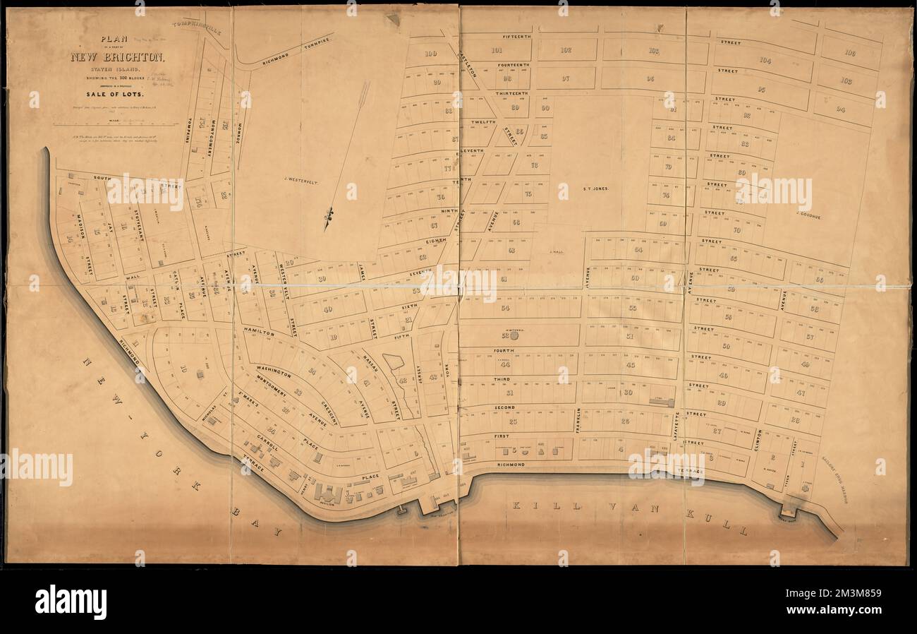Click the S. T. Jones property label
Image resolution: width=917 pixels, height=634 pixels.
click(595, 189)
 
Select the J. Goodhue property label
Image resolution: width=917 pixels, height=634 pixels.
click(808, 215)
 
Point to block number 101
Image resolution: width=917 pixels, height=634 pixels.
click(497, 49)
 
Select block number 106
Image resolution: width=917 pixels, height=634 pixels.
click(850, 53)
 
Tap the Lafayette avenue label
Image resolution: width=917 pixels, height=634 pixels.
click(676, 426)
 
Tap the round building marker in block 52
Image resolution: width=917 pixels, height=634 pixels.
click(514, 336)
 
